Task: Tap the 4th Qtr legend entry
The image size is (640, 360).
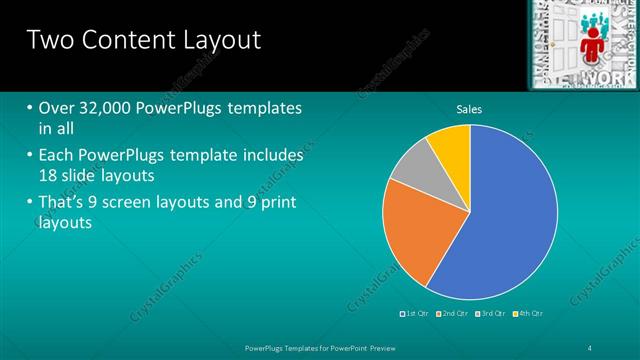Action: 530,314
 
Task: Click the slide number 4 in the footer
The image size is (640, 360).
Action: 590,346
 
